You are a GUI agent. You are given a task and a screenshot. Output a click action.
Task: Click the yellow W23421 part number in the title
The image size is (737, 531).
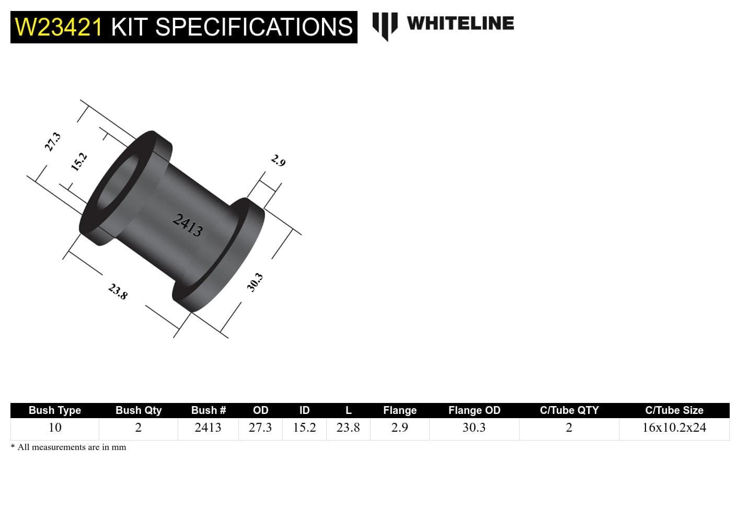point(59,27)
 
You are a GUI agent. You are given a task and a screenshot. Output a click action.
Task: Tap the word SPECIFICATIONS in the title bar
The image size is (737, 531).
point(254,27)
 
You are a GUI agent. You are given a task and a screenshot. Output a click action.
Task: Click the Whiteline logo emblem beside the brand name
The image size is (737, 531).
point(385,25)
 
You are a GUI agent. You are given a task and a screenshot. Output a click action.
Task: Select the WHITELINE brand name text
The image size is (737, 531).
point(460,23)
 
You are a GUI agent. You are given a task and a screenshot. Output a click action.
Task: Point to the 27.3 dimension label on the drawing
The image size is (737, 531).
point(53,142)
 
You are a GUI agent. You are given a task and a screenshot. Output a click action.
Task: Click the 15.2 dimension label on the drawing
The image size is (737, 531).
point(79,162)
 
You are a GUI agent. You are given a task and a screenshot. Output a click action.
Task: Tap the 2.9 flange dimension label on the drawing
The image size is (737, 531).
point(278,160)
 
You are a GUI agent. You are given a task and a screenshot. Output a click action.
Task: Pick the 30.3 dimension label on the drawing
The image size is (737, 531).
point(255,283)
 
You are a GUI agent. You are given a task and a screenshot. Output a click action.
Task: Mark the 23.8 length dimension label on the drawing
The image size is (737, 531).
point(118,291)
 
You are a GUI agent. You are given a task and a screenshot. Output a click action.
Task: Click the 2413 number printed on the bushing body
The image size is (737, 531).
point(188,225)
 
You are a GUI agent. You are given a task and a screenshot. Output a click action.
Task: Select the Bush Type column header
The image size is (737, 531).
point(55,410)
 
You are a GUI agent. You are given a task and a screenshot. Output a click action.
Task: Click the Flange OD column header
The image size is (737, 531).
point(474,410)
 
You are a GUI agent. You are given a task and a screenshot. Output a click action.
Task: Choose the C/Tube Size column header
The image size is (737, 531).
point(674,410)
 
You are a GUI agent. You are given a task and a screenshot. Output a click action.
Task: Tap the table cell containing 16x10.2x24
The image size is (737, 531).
point(674,428)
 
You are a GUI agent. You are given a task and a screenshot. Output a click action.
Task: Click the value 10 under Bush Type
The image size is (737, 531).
point(55,428)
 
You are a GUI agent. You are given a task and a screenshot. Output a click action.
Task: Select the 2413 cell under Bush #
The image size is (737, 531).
point(208,428)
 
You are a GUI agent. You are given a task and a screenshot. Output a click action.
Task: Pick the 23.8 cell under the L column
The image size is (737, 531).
point(348,428)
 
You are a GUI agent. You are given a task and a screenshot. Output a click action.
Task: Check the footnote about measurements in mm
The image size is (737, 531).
point(68,447)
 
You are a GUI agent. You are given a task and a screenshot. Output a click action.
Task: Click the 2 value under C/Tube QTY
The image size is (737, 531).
point(569,428)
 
